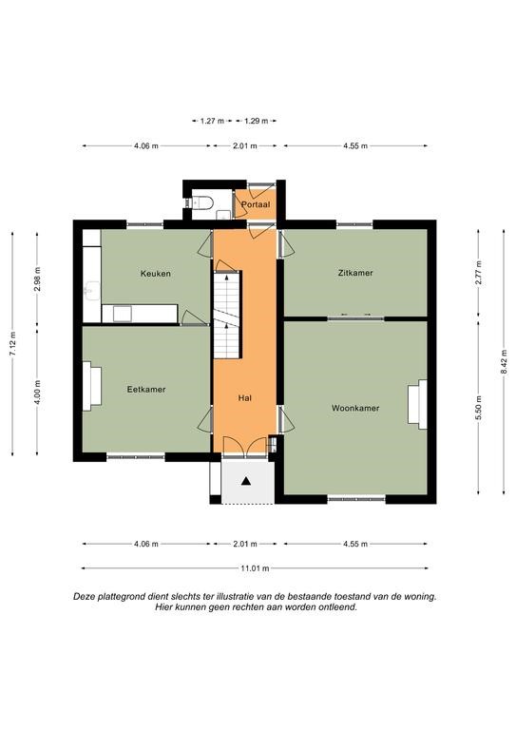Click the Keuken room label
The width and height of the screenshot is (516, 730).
coord(156,274)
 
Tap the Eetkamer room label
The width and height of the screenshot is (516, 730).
coord(146,389)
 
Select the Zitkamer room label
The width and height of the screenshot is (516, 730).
coord(355,273)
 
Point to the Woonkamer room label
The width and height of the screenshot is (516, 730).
coord(355,408)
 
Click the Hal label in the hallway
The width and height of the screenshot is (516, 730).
coord(245,398)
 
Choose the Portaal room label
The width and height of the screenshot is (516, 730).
coord(256,204)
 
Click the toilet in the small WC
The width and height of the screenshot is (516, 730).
coord(202,203)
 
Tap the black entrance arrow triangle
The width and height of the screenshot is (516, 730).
coord(246,481)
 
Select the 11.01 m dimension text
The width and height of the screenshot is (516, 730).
coord(254,568)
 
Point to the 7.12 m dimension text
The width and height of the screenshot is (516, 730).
coord(12,343)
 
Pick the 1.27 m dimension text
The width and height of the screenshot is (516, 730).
coord(212,121)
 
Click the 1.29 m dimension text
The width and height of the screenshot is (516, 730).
coord(256,121)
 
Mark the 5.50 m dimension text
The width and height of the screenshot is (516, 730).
coord(478,408)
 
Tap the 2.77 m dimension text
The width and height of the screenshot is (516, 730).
coord(478,274)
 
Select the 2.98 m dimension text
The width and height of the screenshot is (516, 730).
coord(38,279)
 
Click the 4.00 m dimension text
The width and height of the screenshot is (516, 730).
coord(38,393)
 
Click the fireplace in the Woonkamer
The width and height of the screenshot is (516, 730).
coord(418,404)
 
